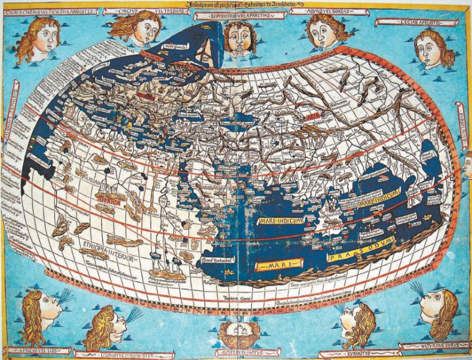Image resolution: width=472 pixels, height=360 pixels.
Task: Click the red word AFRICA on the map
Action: (x=114, y=204)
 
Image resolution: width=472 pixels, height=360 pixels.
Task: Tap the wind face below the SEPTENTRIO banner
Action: (x=241, y=37)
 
